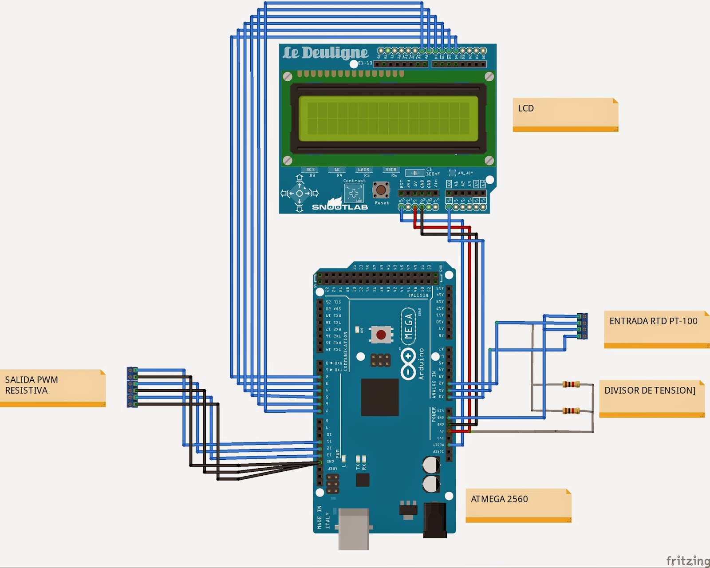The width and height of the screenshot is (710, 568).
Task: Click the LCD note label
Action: pos(565,114)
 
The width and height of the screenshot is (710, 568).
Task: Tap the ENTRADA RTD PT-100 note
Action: pos(656,329)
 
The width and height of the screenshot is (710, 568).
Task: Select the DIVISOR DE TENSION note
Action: pos(651,398)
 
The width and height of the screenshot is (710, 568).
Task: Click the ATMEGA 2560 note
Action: pos(518,505)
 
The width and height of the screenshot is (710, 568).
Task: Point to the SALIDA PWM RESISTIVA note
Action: pos(52,387)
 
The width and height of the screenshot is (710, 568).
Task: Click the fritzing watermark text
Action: pos(687,560)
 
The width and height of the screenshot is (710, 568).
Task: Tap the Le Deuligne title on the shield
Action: pos(326,53)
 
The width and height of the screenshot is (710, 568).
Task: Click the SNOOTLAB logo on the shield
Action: pos(339,207)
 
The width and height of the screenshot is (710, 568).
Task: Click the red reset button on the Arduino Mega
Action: pos(381,335)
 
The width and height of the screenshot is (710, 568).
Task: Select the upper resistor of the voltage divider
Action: pos(571,384)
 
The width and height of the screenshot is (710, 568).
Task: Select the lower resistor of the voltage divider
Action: pos(571,411)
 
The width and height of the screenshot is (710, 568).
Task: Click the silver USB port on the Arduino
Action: pos(354,529)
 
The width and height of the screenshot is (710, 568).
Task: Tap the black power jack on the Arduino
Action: pos(434,519)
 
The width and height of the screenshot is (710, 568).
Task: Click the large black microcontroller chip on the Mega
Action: pos(379,397)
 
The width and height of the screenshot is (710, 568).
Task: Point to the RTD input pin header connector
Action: pos(582,326)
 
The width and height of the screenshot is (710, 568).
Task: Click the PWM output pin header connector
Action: pos(132,387)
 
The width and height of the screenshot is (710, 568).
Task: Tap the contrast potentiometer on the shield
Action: pos(354,193)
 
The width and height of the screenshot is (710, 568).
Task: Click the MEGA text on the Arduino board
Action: pos(408,326)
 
